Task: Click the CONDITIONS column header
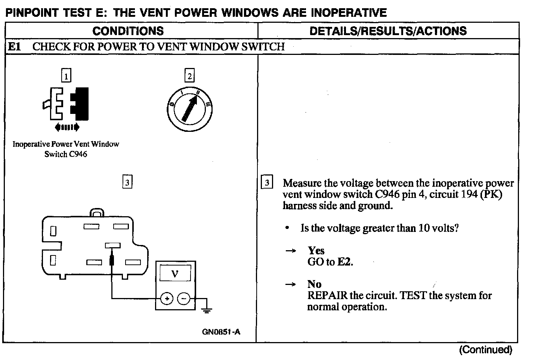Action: point(128,31)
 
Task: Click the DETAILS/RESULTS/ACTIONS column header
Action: point(388,31)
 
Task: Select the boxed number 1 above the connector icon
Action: point(66,76)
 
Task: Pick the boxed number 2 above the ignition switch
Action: point(189,76)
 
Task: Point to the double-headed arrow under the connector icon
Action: point(67,128)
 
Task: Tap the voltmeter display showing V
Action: point(175,274)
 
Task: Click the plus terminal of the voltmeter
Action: point(167,299)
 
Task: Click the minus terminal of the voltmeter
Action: point(183,299)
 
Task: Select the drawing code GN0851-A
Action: point(221,332)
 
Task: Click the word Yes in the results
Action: point(316,251)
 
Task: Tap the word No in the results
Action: point(314,284)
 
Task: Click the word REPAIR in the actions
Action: point(327,296)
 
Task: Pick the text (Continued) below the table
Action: point(485,350)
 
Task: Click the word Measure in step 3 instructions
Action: point(302,183)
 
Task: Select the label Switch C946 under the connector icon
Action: point(66,154)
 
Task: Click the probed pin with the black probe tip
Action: point(113,245)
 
